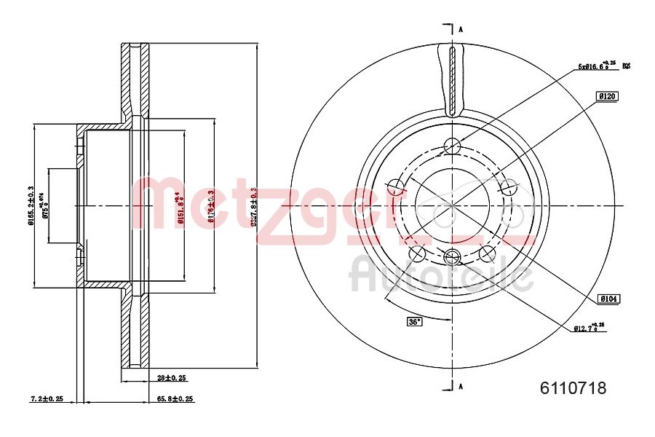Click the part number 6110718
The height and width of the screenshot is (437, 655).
pos(573,388)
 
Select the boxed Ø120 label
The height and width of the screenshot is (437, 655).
pos(606,96)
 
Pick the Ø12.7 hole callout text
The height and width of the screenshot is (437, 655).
pos(587,328)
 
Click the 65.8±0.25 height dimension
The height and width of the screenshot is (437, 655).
pos(175,399)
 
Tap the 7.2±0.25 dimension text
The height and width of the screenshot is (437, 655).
pos(47,399)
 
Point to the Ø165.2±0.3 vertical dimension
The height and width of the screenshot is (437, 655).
pos(31,206)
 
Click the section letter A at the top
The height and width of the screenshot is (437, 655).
pos(460,30)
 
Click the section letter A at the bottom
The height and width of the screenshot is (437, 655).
pos(460,386)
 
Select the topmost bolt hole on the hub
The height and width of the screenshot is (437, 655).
pos(452,145)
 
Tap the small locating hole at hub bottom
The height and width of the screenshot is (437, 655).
pos(452,256)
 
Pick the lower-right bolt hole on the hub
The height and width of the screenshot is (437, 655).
pos(487,253)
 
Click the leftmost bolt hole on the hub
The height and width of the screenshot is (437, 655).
pos(396,187)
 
